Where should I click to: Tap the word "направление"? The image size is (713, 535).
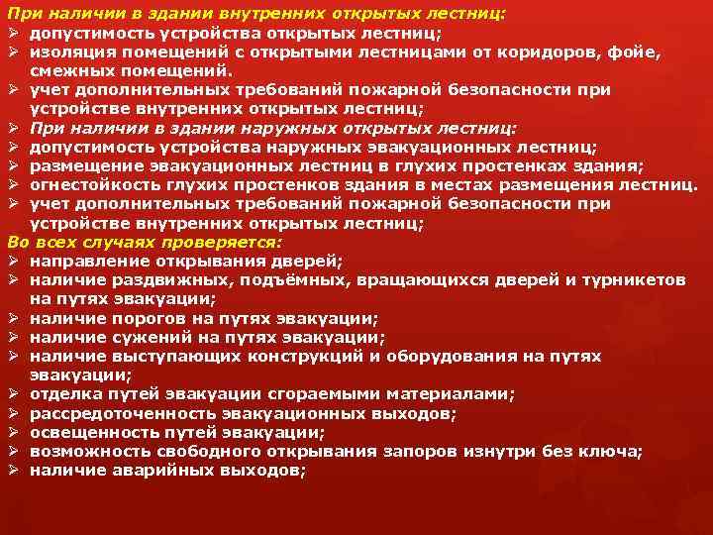(83, 261)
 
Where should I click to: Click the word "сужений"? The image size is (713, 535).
(137, 337)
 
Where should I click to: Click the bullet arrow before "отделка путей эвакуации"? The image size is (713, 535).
(14, 393)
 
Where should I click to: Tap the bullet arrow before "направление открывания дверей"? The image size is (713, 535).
(14, 261)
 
